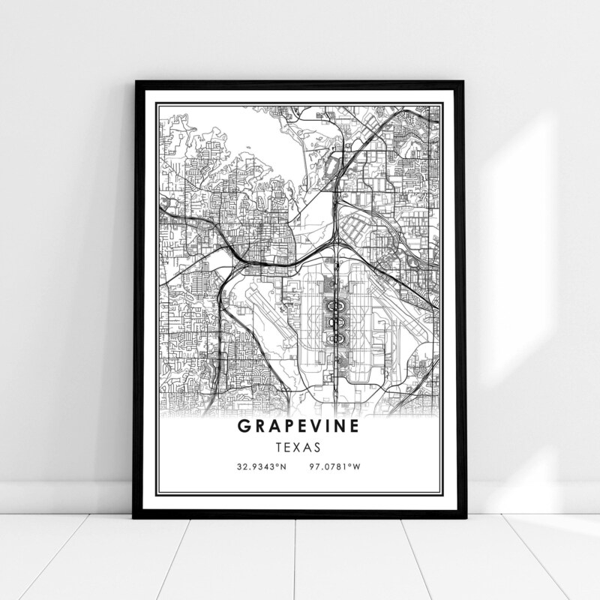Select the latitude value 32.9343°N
coord(262,467)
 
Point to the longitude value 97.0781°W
coord(334,467)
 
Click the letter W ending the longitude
coord(357,467)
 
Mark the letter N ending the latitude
coord(283,467)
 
